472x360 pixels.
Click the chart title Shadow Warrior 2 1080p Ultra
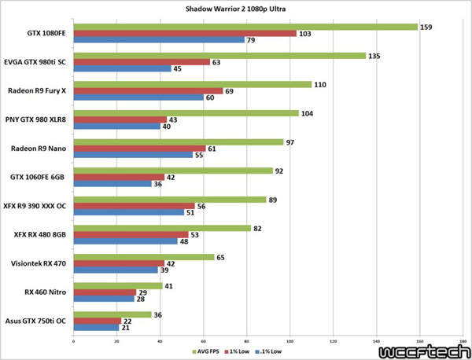tap(235, 9)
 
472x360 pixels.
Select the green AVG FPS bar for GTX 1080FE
tap(245, 27)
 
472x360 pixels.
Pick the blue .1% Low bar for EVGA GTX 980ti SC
tap(121, 68)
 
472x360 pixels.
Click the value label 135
tap(376, 56)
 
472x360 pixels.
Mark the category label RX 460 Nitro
tap(48, 292)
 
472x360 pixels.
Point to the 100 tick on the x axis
tap(290, 341)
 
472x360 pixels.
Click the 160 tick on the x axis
tap(420, 341)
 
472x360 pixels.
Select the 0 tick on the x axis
tap(73, 341)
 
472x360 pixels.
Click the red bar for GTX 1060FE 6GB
tap(118, 178)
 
